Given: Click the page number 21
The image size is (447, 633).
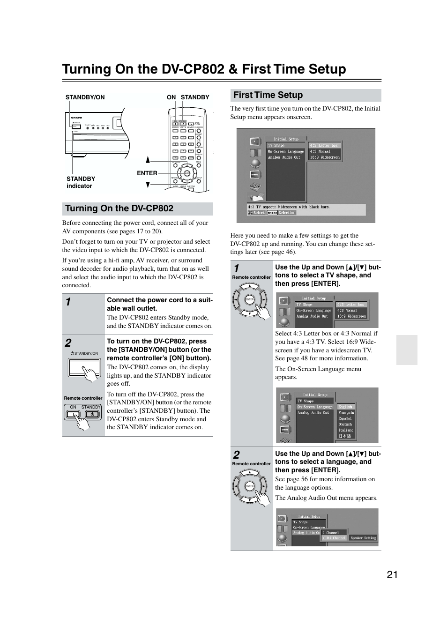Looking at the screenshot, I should (392, 575).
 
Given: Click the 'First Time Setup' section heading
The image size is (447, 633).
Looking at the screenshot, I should (268, 95).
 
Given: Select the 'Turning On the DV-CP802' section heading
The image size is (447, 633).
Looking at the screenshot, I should (119, 209).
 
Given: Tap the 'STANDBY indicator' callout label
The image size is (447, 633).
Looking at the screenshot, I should (80, 182).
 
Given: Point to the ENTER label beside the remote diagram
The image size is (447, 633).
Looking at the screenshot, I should (147, 173).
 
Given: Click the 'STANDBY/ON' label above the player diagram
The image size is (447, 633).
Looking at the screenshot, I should (85, 97).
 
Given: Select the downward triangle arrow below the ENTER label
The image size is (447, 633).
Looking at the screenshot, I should (148, 185).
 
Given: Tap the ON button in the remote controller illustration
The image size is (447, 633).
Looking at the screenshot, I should (73, 414).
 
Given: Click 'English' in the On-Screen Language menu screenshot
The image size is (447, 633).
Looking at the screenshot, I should (345, 407).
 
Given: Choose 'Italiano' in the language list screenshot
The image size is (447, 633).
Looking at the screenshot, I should (346, 430).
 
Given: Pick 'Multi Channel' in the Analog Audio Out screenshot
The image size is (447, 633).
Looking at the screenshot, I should (334, 538).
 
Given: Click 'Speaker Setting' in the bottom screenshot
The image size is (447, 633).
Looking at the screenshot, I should (363, 538).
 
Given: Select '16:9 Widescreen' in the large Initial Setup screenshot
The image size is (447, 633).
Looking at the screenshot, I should (324, 157).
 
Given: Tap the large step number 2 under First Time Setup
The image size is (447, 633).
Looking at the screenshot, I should (236, 454).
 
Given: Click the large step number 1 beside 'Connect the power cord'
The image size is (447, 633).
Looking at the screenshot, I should (68, 302).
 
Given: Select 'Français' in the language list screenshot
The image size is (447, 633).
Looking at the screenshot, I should (346, 413).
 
